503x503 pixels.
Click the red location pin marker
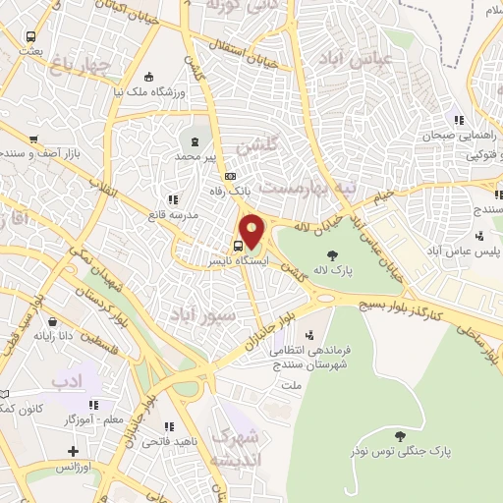tap(253, 230)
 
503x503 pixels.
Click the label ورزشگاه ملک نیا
tap(146, 91)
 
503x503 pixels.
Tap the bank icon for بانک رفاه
tap(230, 177)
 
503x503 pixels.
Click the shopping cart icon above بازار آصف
tap(33, 140)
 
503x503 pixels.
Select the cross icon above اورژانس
tap(72, 452)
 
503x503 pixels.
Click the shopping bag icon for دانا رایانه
tap(51, 321)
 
